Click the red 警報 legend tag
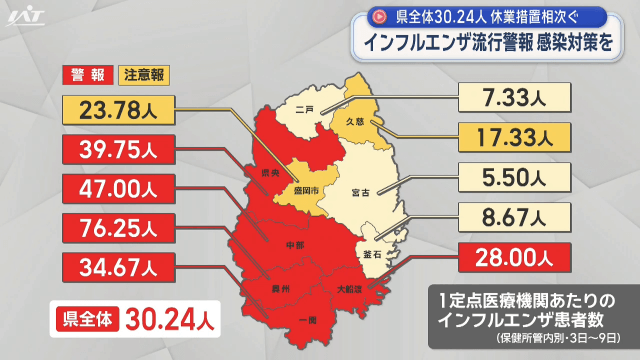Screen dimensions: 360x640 click(x=88, y=75)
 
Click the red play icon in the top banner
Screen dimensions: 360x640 click(x=379, y=17)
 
